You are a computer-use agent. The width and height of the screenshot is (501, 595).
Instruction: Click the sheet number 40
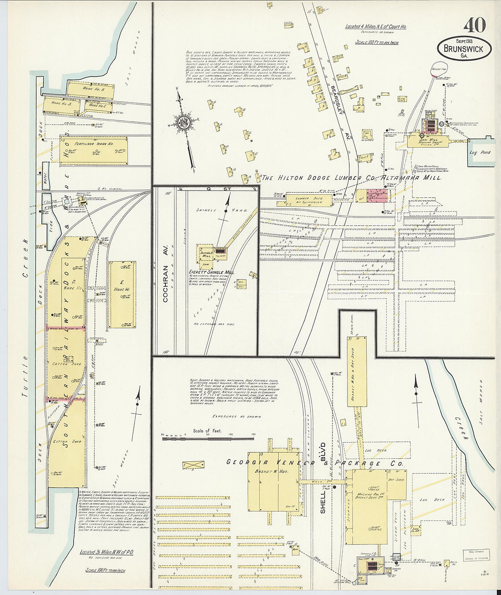(475, 26)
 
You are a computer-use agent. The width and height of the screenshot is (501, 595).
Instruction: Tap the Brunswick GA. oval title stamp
(464, 48)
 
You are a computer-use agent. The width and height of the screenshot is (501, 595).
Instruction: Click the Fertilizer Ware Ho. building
(93, 150)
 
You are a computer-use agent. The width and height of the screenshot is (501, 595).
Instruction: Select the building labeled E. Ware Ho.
(122, 294)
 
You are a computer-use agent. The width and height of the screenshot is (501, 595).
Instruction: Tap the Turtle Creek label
(26, 319)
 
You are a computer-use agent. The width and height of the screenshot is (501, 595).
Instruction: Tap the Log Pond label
(480, 152)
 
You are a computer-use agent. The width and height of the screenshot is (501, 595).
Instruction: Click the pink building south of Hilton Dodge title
(376, 196)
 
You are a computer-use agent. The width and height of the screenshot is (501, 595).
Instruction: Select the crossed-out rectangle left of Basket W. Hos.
(193, 465)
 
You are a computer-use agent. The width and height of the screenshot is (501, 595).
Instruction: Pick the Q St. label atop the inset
(213, 188)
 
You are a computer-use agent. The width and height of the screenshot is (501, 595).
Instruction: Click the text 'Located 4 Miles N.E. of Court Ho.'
(375, 27)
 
